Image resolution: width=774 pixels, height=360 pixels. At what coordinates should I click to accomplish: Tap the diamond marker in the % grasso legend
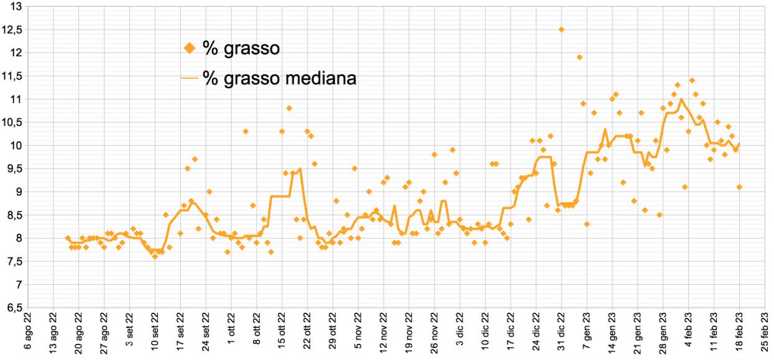(x=190, y=48)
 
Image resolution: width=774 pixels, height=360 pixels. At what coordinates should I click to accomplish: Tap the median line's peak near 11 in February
(x=681, y=99)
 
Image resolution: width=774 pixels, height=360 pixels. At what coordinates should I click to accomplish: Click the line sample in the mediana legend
(x=190, y=79)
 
